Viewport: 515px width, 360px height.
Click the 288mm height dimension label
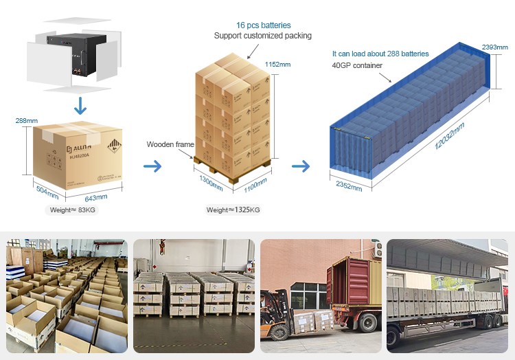coord(27,121)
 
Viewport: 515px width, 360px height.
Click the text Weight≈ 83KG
coord(73,210)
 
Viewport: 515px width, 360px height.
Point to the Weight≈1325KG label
coord(233,210)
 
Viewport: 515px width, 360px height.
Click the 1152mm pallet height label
coord(278,65)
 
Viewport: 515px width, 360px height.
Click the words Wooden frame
coord(170,145)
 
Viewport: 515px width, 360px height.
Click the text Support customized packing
coord(262,36)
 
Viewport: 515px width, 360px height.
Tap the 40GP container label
coord(357,65)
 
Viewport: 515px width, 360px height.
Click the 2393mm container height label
coord(494,47)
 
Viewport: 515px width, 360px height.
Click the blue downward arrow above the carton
coord(81,105)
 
